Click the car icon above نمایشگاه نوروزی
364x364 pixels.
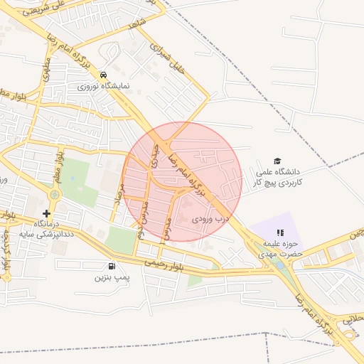pyautogui.click(x=104, y=75)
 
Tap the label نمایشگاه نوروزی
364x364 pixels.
pyautogui.click(x=104, y=86)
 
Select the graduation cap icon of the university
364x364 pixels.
pyautogui.click(x=277, y=161)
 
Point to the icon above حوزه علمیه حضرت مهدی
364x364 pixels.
pyautogui.click(x=280, y=232)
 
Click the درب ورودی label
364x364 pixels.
pyautogui.click(x=211, y=220)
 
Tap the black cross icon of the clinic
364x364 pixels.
pyautogui.click(x=47, y=213)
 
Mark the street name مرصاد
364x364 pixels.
pyautogui.click(x=119, y=192)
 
